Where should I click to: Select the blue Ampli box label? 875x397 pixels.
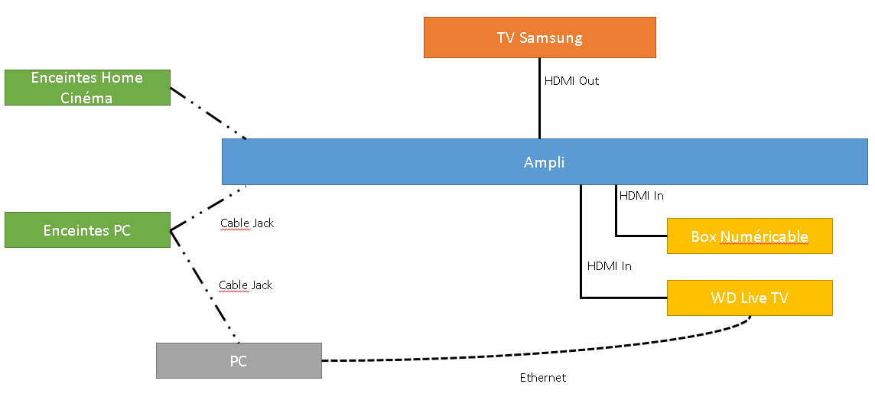click(544, 162)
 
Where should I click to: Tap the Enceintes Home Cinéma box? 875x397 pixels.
click(87, 87)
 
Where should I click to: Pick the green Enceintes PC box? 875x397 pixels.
click(87, 230)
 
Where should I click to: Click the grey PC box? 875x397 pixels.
click(239, 361)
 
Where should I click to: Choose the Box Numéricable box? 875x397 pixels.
click(750, 236)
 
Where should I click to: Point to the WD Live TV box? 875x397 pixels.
click(750, 298)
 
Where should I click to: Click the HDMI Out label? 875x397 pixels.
click(571, 80)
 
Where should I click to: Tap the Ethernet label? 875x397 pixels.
click(543, 378)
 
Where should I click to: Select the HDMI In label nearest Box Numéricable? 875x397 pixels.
click(641, 196)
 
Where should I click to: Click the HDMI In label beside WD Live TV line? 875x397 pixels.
click(609, 266)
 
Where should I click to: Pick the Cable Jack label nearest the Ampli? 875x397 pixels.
click(246, 223)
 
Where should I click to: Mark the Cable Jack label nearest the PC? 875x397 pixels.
click(246, 285)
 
